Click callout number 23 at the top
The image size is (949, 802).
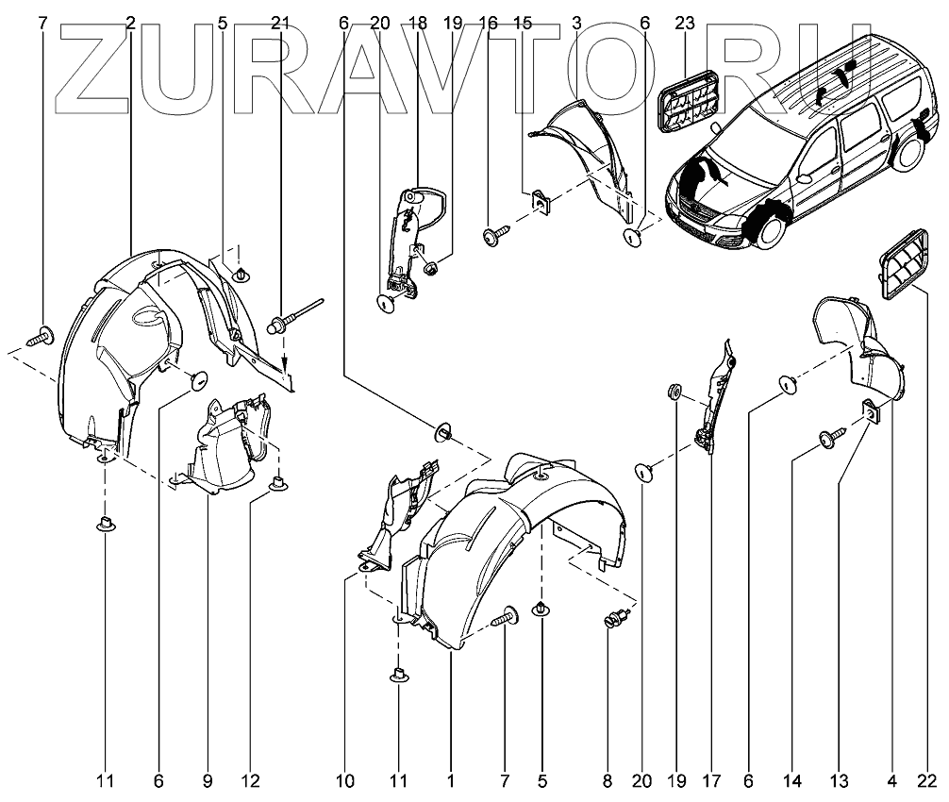pyautogui.click(x=685, y=22)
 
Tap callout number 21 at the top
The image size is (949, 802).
pyautogui.click(x=280, y=22)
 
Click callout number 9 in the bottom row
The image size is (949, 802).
pyautogui.click(x=207, y=780)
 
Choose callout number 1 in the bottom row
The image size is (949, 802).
pyautogui.click(x=451, y=780)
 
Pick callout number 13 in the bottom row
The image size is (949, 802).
pyautogui.click(x=840, y=780)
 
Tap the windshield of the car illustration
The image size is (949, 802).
pyautogui.click(x=745, y=142)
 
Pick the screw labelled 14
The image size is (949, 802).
pyautogui.click(x=831, y=436)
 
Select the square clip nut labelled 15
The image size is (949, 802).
pyautogui.click(x=541, y=200)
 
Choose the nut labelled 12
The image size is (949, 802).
pyautogui.click(x=277, y=484)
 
